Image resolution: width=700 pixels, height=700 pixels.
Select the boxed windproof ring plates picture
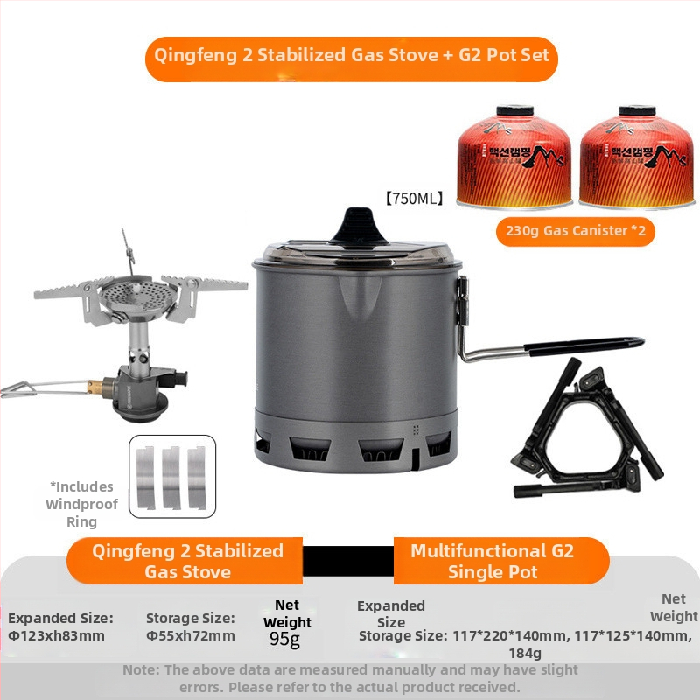pyautogui.click(x=171, y=476)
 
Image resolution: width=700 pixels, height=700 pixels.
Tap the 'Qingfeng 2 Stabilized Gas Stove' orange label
pyautogui.click(x=187, y=561)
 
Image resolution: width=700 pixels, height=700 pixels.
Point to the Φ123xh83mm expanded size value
pyautogui.click(x=57, y=636)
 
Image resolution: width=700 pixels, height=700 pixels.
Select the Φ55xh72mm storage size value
pyautogui.click(x=191, y=636)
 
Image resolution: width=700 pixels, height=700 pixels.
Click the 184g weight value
pyautogui.click(x=525, y=653)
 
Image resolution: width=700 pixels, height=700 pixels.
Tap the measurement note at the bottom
pyautogui.click(x=350, y=678)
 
